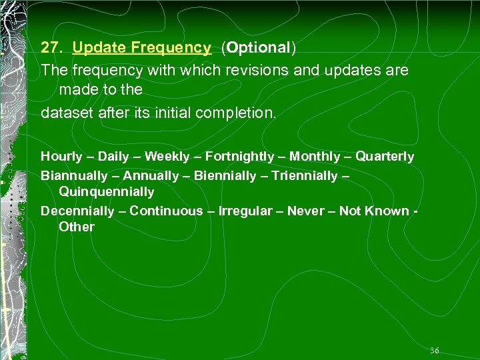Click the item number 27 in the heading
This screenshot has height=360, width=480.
(x=50, y=47)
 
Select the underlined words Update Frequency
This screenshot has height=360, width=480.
(x=141, y=47)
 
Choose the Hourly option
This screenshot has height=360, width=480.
(x=61, y=157)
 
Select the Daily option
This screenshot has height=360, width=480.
(x=114, y=157)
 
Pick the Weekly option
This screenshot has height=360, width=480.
(x=167, y=157)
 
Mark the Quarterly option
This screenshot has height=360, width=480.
(x=385, y=157)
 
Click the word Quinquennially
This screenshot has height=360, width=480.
(x=107, y=192)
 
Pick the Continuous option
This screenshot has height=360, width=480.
(x=166, y=211)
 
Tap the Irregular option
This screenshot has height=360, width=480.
(x=244, y=211)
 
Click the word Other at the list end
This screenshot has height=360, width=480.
(x=77, y=227)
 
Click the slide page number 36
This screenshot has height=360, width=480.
(x=434, y=350)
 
